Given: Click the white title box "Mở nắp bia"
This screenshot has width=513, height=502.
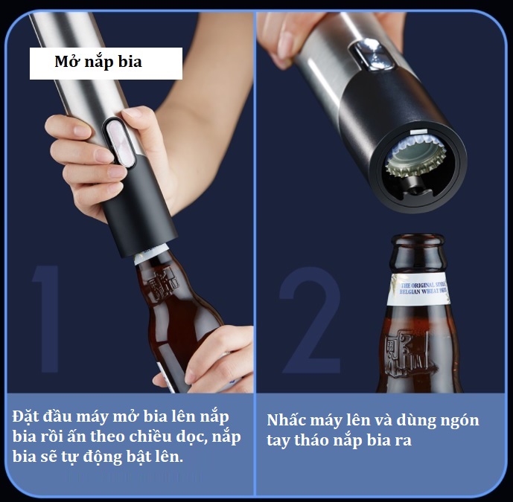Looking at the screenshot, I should coord(106,63).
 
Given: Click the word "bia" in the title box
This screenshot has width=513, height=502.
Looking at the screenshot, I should coord(128,62).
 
